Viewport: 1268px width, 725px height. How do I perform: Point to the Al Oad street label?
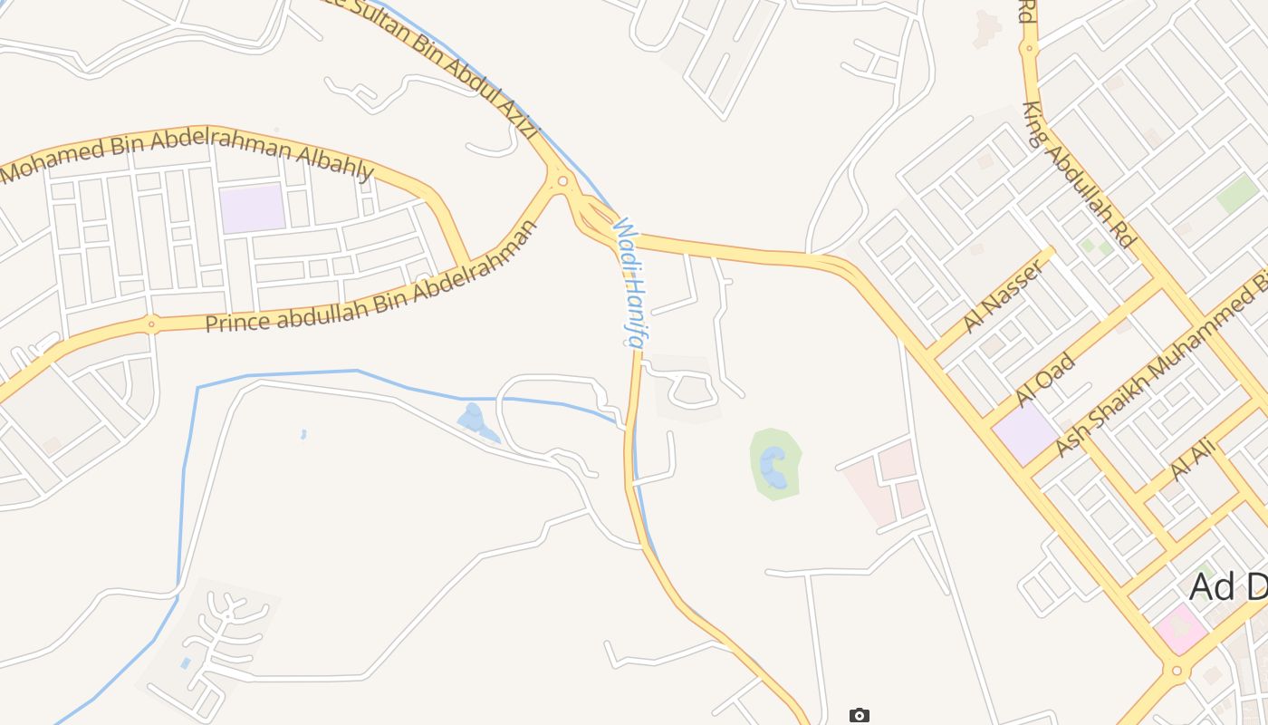click(1045, 380)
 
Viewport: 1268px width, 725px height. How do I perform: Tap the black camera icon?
click(859, 716)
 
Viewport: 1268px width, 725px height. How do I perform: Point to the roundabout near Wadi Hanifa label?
click(562, 181)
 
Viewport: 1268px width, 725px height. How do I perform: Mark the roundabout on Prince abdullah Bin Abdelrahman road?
click(150, 323)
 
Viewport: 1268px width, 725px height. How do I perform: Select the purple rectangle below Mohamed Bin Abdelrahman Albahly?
click(253, 208)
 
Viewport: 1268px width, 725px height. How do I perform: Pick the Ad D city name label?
click(1227, 587)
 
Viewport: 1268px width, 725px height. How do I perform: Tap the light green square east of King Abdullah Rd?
click(1237, 194)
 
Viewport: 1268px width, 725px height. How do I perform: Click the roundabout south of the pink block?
click(1176, 672)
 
